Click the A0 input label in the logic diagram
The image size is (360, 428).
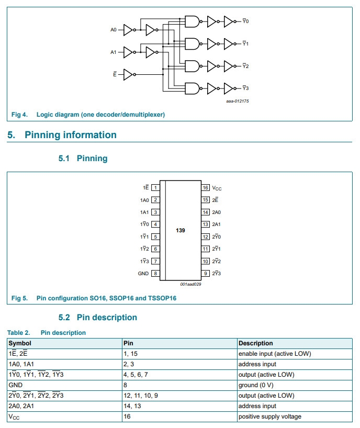tap(114, 30)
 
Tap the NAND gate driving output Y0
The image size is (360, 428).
tap(193, 21)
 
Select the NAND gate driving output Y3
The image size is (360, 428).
tap(193, 88)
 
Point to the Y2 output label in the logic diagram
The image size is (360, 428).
tap(245, 66)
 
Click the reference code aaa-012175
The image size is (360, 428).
tap(238, 101)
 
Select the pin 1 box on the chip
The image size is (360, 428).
tap(155, 187)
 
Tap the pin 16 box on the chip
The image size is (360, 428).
tap(206, 187)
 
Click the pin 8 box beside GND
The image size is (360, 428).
tap(155, 273)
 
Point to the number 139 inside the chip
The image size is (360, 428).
tap(181, 230)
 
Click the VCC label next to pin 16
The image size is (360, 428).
tap(217, 188)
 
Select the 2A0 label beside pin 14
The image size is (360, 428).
tap(216, 212)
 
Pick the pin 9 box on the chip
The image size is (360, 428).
tap(206, 273)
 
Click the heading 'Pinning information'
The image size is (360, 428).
tap(71, 135)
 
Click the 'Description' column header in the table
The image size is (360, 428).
tap(255, 343)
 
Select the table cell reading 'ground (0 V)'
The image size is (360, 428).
tap(256, 385)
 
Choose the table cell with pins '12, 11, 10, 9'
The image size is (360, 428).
tap(141, 396)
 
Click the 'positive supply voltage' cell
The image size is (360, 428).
tap(269, 416)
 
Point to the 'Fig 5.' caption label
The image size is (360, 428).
tap(19, 298)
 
